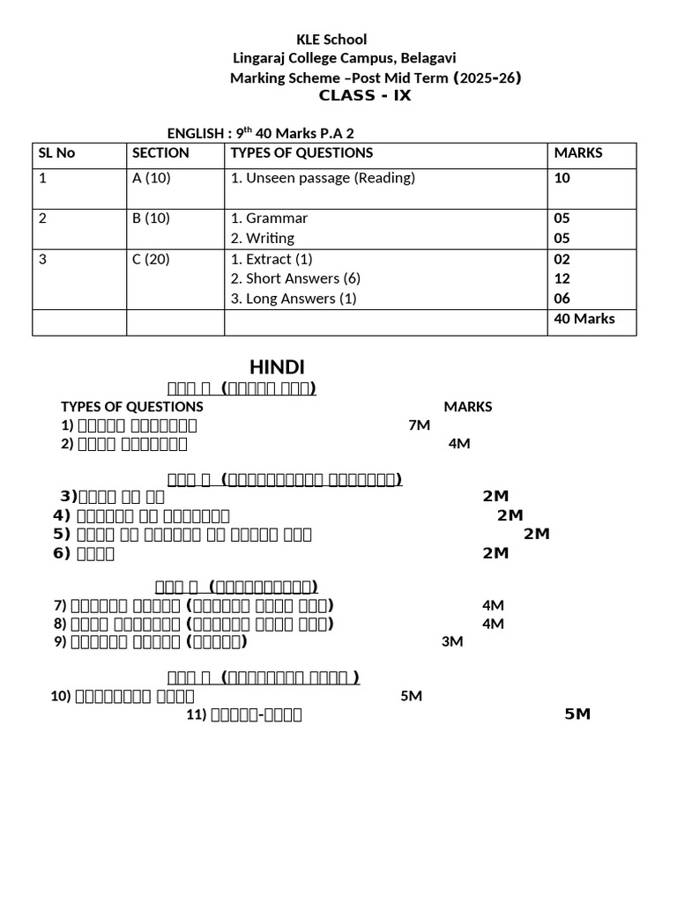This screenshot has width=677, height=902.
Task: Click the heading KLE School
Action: [331, 40]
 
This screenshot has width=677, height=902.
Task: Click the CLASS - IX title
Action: [365, 96]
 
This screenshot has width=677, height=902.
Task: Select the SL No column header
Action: [57, 152]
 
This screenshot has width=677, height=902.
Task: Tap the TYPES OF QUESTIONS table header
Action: [301, 152]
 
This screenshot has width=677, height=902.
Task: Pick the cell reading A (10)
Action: [151, 178]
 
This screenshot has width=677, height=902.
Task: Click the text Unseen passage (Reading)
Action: [331, 178]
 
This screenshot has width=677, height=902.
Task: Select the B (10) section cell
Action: [151, 218]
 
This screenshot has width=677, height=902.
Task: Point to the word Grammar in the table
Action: [277, 218]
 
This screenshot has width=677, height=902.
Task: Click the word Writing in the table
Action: [271, 238]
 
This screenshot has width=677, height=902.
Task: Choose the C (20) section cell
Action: [152, 259]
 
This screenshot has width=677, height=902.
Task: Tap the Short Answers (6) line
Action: [303, 278]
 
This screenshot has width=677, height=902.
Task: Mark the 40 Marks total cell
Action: [584, 318]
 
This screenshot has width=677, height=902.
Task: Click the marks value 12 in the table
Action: [562, 278]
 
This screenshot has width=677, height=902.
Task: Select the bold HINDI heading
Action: [278, 366]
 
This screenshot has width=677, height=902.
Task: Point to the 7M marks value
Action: [420, 425]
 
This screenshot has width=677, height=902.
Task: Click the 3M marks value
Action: [452, 642]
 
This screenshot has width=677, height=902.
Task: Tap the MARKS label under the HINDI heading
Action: [468, 406]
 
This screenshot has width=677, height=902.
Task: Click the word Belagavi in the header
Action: [428, 58]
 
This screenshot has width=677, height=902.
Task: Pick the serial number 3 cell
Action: [42, 259]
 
